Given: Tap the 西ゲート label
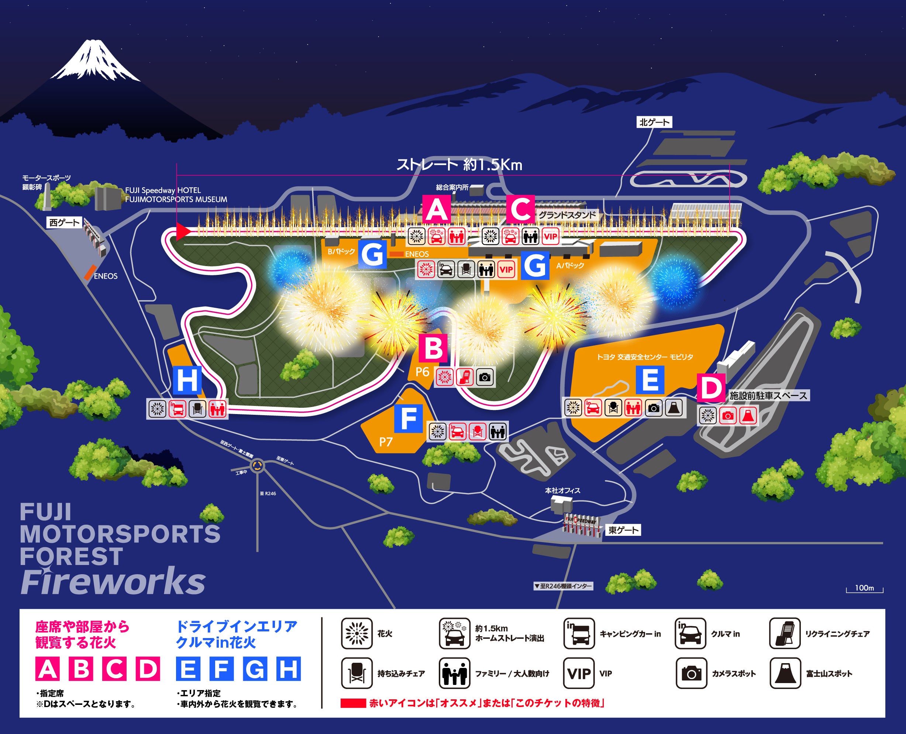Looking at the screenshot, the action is click(65, 223).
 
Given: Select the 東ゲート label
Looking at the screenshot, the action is click(623, 530).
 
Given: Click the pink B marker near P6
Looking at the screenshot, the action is click(433, 348).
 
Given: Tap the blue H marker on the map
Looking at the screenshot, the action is click(187, 380).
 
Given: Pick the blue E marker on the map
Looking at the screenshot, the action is click(650, 380).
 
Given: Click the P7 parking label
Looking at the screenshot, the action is click(386, 442).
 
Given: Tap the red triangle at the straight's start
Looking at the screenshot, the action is click(183, 231).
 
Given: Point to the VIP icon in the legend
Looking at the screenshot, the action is click(579, 673).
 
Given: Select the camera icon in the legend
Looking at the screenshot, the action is click(691, 673).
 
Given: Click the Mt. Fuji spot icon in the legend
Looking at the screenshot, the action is click(785, 673).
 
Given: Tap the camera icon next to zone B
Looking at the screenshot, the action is click(485, 377).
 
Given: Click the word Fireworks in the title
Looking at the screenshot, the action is click(113, 583).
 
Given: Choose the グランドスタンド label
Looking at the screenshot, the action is click(567, 215).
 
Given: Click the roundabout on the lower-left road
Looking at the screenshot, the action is click(258, 466).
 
